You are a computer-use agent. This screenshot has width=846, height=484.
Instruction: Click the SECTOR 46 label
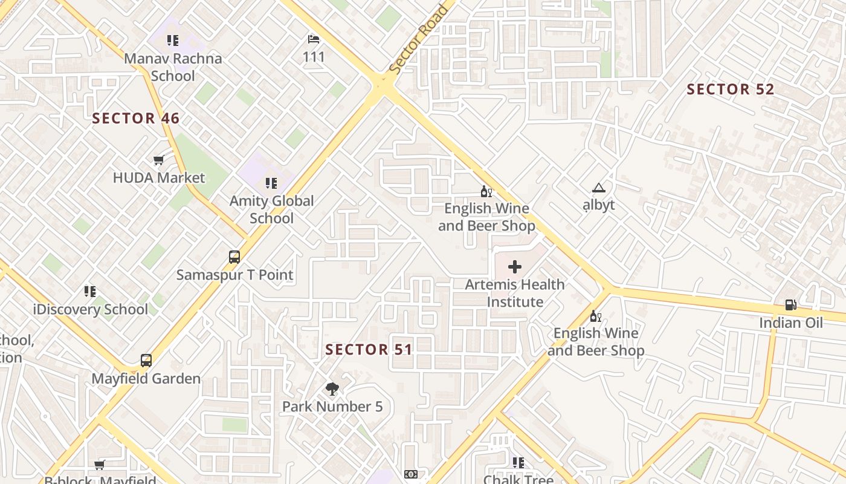click(136, 118)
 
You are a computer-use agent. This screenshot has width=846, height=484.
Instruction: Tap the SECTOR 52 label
click(731, 90)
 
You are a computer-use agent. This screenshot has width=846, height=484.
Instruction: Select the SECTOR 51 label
click(369, 350)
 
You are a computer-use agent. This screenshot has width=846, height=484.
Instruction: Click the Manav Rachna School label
click(173, 67)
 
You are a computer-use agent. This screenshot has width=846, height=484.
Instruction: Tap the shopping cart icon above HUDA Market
click(158, 160)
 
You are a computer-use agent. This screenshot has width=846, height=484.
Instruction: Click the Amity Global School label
click(271, 209)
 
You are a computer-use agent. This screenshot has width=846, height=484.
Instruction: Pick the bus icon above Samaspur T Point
click(234, 257)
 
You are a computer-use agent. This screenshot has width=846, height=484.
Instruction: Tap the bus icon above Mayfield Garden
click(146, 361)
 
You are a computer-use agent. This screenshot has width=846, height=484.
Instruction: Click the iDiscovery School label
click(90, 310)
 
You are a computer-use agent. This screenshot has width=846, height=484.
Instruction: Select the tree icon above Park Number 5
click(332, 389)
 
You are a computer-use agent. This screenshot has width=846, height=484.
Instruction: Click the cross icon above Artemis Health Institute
click(515, 267)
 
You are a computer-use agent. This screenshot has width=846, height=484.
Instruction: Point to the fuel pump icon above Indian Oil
click(790, 305)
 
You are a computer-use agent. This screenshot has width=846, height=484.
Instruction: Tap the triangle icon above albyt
click(598, 188)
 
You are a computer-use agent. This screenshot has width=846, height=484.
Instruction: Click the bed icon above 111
click(314, 39)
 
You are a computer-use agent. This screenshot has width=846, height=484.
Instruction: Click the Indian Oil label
click(791, 322)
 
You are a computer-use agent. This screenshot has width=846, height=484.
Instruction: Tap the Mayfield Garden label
click(146, 379)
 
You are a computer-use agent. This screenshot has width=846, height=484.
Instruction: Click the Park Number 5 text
click(332, 407)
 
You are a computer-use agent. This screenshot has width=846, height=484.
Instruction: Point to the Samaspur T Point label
click(234, 275)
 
